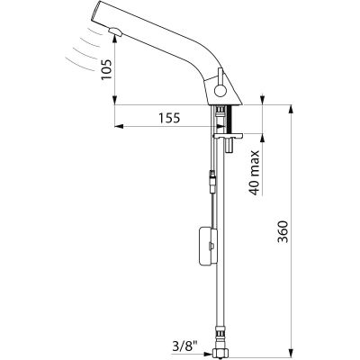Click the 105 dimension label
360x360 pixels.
pyautogui.click(x=106, y=69)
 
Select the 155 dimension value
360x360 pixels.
pyautogui.click(x=169, y=118)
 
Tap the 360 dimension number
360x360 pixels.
pyautogui.click(x=283, y=231)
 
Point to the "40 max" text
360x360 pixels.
pyautogui.click(x=254, y=173)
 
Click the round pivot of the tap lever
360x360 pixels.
pyautogui.click(x=220, y=90)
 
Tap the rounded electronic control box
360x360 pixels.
pyautogui.click(x=208, y=247)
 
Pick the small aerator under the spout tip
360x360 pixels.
pyautogui.click(x=115, y=31)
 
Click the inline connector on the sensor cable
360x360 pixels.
pyautogui.click(x=212, y=181)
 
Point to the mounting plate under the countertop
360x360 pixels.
pyautogui.click(x=228, y=137)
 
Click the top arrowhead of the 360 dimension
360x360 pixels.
pyautogui.click(x=291, y=109)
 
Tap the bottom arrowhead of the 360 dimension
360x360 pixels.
pyautogui.click(x=291, y=354)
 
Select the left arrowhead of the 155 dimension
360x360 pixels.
pyautogui.click(x=119, y=126)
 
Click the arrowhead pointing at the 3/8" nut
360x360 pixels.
pyautogui.click(x=209, y=354)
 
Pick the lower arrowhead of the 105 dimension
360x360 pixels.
pyautogui.click(x=115, y=101)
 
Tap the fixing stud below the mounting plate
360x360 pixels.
pyautogui.click(x=229, y=146)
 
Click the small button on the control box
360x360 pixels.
pyautogui.click(x=212, y=247)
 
